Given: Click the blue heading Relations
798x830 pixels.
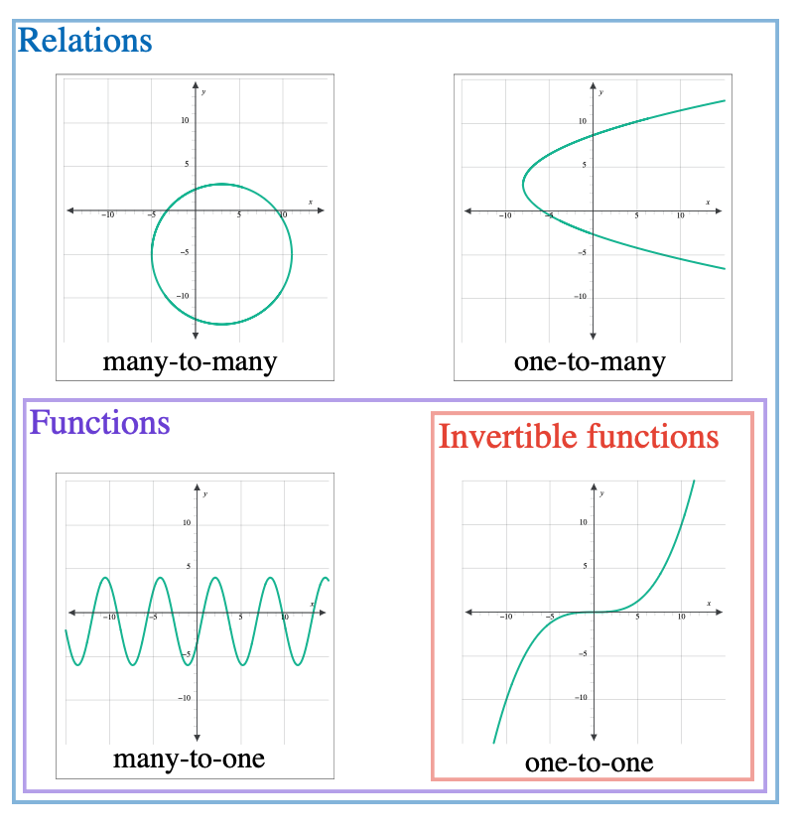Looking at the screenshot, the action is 85,42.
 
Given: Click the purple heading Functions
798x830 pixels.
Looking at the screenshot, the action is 99,423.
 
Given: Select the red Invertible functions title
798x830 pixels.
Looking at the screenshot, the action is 579,437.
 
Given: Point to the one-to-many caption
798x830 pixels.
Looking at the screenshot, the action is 590,361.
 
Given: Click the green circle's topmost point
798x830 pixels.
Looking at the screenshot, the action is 221,184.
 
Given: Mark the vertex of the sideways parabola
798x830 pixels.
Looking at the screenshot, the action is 523,183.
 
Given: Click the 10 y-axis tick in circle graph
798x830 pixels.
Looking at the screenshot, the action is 185,121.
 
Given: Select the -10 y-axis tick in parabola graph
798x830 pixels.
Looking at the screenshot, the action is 580,297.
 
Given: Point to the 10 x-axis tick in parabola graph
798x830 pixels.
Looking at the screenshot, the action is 681,215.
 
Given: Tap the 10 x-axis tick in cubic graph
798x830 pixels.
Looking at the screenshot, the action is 681,618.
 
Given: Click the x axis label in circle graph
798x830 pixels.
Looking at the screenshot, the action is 310,203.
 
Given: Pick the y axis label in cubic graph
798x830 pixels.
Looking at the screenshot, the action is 602,492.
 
